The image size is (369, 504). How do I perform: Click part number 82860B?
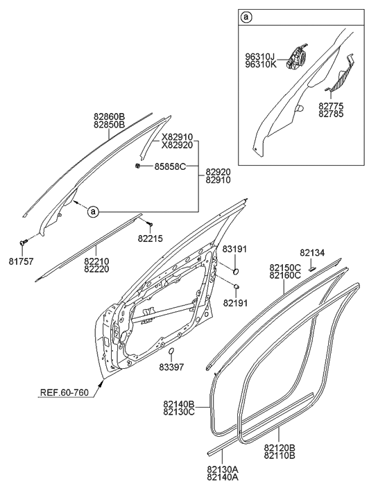pos(109,116)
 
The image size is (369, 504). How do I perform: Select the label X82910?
pos(177,137)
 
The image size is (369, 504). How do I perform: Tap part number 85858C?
pos(171,167)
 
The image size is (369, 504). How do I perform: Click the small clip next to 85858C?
pos(139,167)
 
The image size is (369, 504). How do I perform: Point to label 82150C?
pos(284,267)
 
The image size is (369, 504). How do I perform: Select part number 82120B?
pos(280,449)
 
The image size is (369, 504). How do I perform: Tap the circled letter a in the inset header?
pos(246,16)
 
